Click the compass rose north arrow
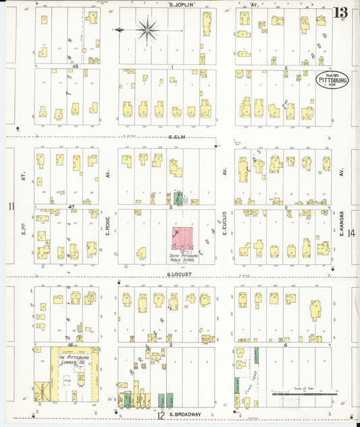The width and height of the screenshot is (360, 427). coord(147,29)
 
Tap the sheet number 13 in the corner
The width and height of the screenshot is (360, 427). coord(340,11)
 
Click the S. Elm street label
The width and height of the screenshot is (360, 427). coord(177,137)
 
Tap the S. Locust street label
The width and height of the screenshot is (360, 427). coord(177,274)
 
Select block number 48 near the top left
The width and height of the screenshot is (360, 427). coord(76,66)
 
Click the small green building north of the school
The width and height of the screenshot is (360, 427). coord(178,199)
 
